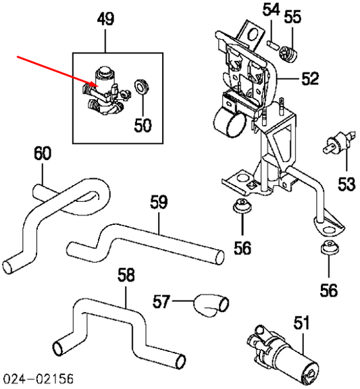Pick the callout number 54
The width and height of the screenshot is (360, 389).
tap(271, 10)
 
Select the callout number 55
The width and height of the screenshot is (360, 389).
tap(292, 16)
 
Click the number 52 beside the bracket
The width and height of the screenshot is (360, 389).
tap(309, 79)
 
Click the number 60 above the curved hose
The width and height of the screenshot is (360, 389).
tap(42, 154)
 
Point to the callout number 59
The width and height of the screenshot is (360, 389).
tap(159, 202)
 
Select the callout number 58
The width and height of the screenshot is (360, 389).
tap(126, 275)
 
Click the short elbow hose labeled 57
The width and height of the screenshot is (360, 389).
tap(209, 305)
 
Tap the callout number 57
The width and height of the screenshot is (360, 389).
tap(161, 301)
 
